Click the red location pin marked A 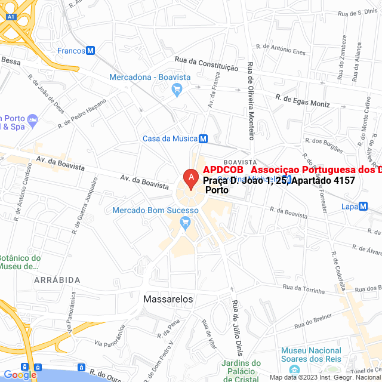click(x=190, y=178)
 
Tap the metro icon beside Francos click(x=91, y=51)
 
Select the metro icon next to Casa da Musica click(x=203, y=138)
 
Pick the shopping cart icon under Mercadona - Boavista click(x=176, y=90)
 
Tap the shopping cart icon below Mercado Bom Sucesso click(x=185, y=224)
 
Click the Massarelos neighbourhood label click(x=168, y=298)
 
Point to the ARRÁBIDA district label click(x=57, y=279)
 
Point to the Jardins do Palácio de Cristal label click(x=241, y=370)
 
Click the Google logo click(x=20, y=374)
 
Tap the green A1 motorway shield click(x=10, y=17)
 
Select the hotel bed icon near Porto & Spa click(x=33, y=121)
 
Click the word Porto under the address click(x=217, y=190)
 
